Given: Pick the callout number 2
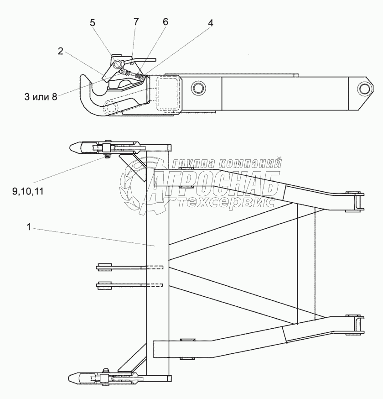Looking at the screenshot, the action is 60,51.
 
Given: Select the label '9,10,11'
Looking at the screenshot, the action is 28,191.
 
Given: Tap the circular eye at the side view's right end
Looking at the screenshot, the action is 363,87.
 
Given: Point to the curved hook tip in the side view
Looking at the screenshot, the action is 87,84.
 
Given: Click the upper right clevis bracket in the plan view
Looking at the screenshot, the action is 355,201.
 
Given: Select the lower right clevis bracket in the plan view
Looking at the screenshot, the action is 355,325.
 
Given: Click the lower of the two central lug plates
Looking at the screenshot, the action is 105,285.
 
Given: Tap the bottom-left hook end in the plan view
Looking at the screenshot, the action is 78,378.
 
